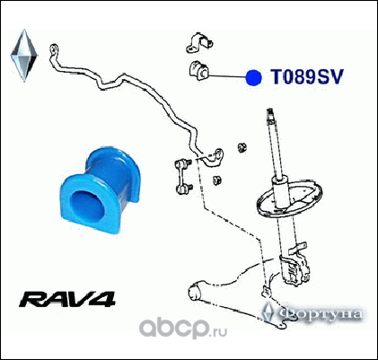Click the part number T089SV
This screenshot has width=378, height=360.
[x=307, y=77]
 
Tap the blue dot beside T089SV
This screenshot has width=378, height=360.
[x=253, y=77]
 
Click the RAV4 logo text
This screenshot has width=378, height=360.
[x=67, y=299]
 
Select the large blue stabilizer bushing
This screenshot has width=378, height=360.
[x=100, y=189]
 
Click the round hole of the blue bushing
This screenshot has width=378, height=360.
[x=87, y=205]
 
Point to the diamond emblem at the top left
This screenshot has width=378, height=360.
[x=24, y=56]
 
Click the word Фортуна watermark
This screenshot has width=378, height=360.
[x=320, y=314]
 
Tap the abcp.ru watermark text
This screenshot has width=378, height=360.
[x=183, y=328]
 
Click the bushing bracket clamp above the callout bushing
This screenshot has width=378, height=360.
[x=199, y=42]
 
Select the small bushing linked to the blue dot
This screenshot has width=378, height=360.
[x=198, y=71]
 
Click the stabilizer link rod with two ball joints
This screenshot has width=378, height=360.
[x=183, y=177]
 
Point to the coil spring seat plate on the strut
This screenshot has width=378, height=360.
[x=290, y=198]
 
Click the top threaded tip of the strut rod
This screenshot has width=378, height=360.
[x=270, y=113]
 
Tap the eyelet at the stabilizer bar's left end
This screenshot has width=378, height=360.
[x=54, y=48]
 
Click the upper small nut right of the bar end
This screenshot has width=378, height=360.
[x=242, y=147]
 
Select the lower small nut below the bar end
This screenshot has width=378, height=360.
[x=217, y=180]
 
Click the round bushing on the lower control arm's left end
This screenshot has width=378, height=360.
[x=195, y=291]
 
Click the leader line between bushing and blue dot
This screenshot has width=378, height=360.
[x=227, y=76]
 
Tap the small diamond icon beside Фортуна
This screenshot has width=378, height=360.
[x=268, y=312]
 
